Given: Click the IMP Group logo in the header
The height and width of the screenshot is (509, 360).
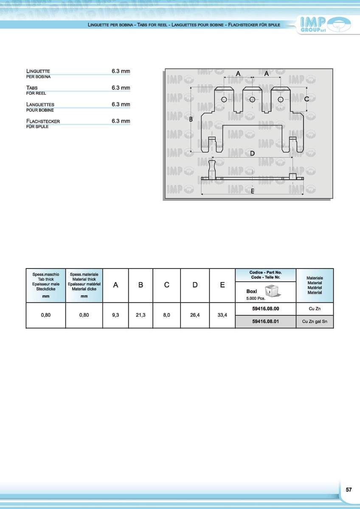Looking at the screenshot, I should [x=325, y=25].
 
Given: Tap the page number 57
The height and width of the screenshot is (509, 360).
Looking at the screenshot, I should [x=349, y=489].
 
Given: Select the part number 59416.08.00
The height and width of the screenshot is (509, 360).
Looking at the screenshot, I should [x=265, y=309].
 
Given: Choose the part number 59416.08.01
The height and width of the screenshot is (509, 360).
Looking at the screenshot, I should [x=265, y=322].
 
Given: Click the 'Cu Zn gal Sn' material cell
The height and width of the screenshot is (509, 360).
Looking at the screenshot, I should [x=315, y=322].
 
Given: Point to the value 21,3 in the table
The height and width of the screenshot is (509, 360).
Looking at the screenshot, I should [x=141, y=315].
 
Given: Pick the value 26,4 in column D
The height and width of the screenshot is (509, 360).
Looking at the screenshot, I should [x=195, y=315].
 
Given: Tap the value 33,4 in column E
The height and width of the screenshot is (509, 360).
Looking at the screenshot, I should [x=222, y=315].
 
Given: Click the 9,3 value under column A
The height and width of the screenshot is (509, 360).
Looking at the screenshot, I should [x=115, y=315].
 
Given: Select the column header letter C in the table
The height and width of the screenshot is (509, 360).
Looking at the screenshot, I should [x=167, y=285].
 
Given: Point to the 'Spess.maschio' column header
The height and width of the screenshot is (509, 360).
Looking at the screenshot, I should [x=46, y=274].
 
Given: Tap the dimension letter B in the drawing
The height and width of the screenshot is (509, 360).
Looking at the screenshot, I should [x=191, y=120].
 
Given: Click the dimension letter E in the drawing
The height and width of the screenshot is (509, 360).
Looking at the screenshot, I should [x=252, y=191].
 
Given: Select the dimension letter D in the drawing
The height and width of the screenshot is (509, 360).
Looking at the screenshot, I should [x=252, y=153].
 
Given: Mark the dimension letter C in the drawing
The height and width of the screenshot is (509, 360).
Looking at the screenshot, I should [x=307, y=99].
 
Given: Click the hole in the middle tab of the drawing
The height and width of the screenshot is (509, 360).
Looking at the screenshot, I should [x=252, y=99].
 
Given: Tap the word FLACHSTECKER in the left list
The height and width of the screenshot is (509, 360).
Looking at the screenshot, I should [x=43, y=121].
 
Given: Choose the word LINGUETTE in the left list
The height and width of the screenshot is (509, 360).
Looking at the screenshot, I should [x=38, y=71].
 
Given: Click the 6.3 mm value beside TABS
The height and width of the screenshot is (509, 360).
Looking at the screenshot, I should [x=121, y=88].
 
